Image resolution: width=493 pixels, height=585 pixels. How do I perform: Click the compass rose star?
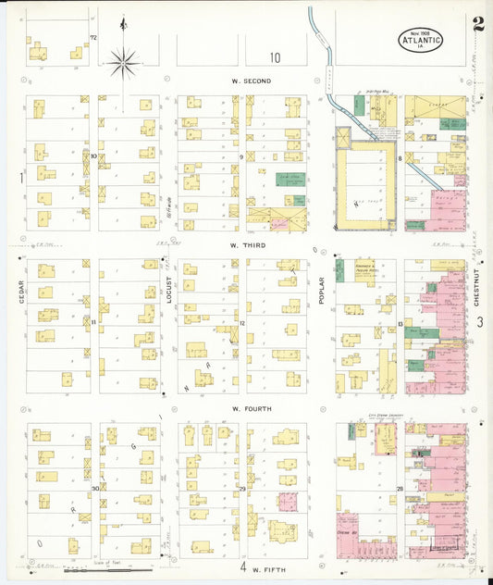122,63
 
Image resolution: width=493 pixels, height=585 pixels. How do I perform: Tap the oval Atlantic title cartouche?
422,40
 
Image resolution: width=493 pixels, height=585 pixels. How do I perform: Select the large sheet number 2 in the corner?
477,26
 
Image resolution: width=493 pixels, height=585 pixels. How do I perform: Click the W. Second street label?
251,81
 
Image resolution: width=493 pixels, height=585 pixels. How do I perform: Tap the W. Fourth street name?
251,408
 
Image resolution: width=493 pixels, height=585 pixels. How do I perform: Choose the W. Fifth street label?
269,566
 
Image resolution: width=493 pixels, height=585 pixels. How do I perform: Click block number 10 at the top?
275,57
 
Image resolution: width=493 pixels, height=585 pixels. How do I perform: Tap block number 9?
241,157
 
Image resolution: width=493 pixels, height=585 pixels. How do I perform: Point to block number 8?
400,159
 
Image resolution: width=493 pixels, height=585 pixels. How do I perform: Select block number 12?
241,322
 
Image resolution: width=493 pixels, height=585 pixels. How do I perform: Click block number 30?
94,488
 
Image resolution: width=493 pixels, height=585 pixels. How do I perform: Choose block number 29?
241,488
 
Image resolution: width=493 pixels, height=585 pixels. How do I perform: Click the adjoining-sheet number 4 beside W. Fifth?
243,566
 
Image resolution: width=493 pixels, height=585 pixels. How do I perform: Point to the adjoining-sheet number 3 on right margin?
481,321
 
